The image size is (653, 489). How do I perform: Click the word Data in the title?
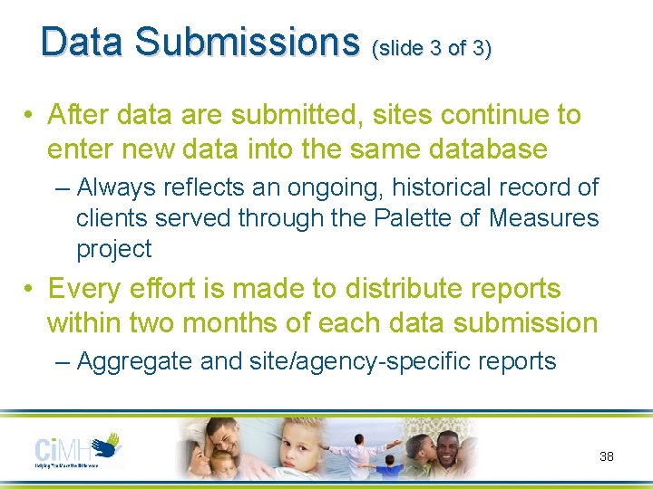pos(86,41)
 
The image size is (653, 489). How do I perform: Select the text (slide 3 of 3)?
pos(432,47)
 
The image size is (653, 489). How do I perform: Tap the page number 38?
pos(607,456)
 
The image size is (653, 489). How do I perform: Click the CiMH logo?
pos(78,449)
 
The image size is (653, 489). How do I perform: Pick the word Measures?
pos(544,218)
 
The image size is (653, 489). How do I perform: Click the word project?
pos(114,249)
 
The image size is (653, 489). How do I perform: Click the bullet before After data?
pos(31,116)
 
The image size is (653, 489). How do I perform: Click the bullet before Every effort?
pos(31,290)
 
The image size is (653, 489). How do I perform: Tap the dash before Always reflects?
pos(62,188)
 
